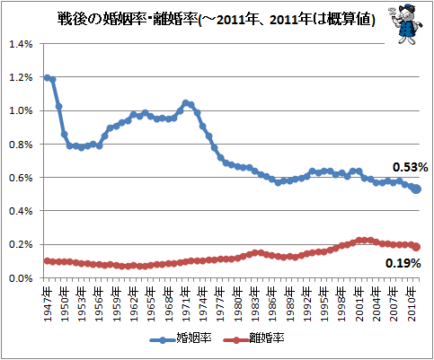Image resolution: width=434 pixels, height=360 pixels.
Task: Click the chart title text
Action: (x=217, y=20)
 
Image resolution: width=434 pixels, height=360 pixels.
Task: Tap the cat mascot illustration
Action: (x=405, y=24)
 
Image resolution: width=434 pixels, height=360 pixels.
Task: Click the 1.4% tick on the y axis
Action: (x=21, y=44)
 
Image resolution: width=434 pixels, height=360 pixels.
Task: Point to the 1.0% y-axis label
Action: (x=21, y=110)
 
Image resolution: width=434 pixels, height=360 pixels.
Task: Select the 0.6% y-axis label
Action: (x=21, y=178)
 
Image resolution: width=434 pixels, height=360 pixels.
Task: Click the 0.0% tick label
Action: (x=21, y=278)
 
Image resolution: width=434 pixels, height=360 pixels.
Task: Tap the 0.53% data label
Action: (x=410, y=167)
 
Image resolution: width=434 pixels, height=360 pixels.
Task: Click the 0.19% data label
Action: (x=403, y=263)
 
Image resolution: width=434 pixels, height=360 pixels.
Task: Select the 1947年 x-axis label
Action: (x=48, y=304)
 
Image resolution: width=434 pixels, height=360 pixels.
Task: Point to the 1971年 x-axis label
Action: (x=186, y=304)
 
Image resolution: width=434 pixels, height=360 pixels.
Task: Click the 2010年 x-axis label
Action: (x=412, y=304)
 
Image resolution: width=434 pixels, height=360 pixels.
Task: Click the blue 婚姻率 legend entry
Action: (x=181, y=338)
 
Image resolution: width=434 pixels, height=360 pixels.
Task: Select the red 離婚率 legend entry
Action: (x=253, y=338)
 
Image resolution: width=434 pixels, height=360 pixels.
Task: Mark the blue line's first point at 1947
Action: (x=47, y=78)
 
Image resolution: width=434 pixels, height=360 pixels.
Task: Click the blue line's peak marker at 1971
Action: (x=186, y=103)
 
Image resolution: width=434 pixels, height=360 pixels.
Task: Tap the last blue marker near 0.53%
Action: (x=417, y=189)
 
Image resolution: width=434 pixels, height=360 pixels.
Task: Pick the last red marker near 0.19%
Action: (x=417, y=247)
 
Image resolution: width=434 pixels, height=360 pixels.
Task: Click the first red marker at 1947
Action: (x=47, y=261)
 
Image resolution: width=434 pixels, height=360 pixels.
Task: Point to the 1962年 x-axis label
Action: (x=134, y=304)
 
